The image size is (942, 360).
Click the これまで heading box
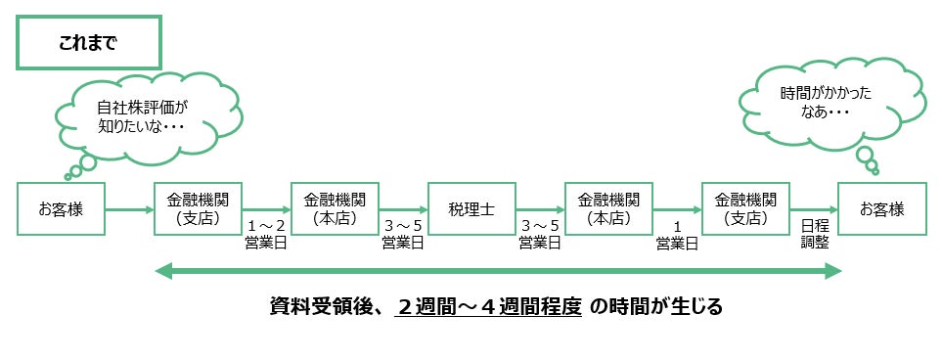click(89, 43)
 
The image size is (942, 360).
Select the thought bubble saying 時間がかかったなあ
click(832, 102)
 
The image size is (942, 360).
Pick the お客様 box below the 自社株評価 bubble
click(61, 209)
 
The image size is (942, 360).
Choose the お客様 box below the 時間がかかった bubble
click(882, 209)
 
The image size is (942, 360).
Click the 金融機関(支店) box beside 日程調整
click(745, 209)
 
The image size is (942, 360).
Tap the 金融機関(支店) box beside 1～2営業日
click(198, 209)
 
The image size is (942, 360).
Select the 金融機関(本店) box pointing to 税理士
click(335, 209)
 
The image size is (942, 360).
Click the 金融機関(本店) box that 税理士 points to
click(608, 209)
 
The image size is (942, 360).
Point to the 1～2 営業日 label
click(266, 235)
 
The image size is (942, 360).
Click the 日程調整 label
click(815, 235)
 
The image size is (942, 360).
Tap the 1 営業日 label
click(677, 235)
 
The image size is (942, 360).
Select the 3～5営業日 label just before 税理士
click(403, 235)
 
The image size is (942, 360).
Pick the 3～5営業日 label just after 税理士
click(540, 235)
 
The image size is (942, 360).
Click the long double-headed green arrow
click(498, 272)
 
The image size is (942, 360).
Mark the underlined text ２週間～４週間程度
click(488, 308)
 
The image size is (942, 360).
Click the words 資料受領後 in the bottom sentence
click(325, 308)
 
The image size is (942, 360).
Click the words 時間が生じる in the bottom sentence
click(665, 308)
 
